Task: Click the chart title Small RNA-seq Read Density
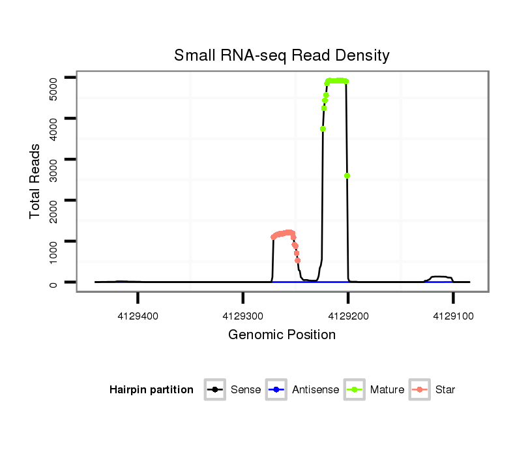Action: point(282,55)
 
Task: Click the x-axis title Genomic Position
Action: point(282,335)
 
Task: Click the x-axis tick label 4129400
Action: point(138,316)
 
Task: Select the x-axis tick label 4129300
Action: point(242,316)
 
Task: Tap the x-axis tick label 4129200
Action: point(348,316)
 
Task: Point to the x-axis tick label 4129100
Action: point(453,316)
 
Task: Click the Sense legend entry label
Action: point(246,390)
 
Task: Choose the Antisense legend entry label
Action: point(315,390)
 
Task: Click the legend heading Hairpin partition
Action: point(151,390)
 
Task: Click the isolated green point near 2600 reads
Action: point(347,175)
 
